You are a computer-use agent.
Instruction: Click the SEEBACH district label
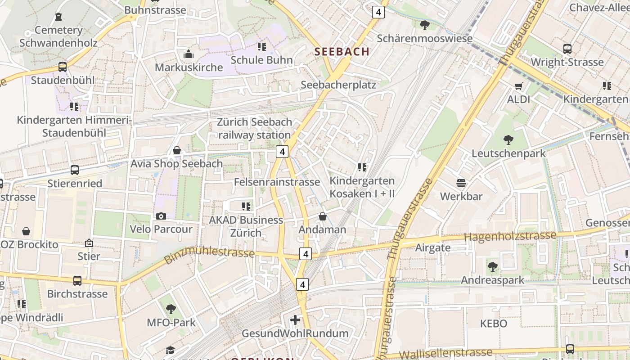tap(342, 51)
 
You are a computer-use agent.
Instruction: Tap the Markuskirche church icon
tap(189, 54)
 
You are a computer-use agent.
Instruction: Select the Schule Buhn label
tap(261, 60)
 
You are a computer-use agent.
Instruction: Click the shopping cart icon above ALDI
tap(519, 86)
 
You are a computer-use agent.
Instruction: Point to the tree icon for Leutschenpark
tap(508, 140)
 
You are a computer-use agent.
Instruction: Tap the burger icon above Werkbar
tap(461, 183)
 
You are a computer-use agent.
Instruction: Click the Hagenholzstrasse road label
tap(510, 236)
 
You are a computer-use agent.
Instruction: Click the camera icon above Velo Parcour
tap(161, 216)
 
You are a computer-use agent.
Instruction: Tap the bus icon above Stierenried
tap(75, 170)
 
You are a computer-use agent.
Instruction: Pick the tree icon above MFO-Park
tap(171, 309)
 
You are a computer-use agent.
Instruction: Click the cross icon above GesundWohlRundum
tap(295, 320)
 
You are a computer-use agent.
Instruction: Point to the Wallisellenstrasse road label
tap(445, 354)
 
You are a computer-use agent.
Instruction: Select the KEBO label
tap(494, 324)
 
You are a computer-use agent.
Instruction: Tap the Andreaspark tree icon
tap(493, 267)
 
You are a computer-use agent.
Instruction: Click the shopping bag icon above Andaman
tap(322, 216)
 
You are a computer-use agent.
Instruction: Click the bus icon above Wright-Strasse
tap(567, 49)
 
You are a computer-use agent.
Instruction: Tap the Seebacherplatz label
tap(338, 85)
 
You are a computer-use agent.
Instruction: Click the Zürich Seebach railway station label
tap(254, 128)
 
